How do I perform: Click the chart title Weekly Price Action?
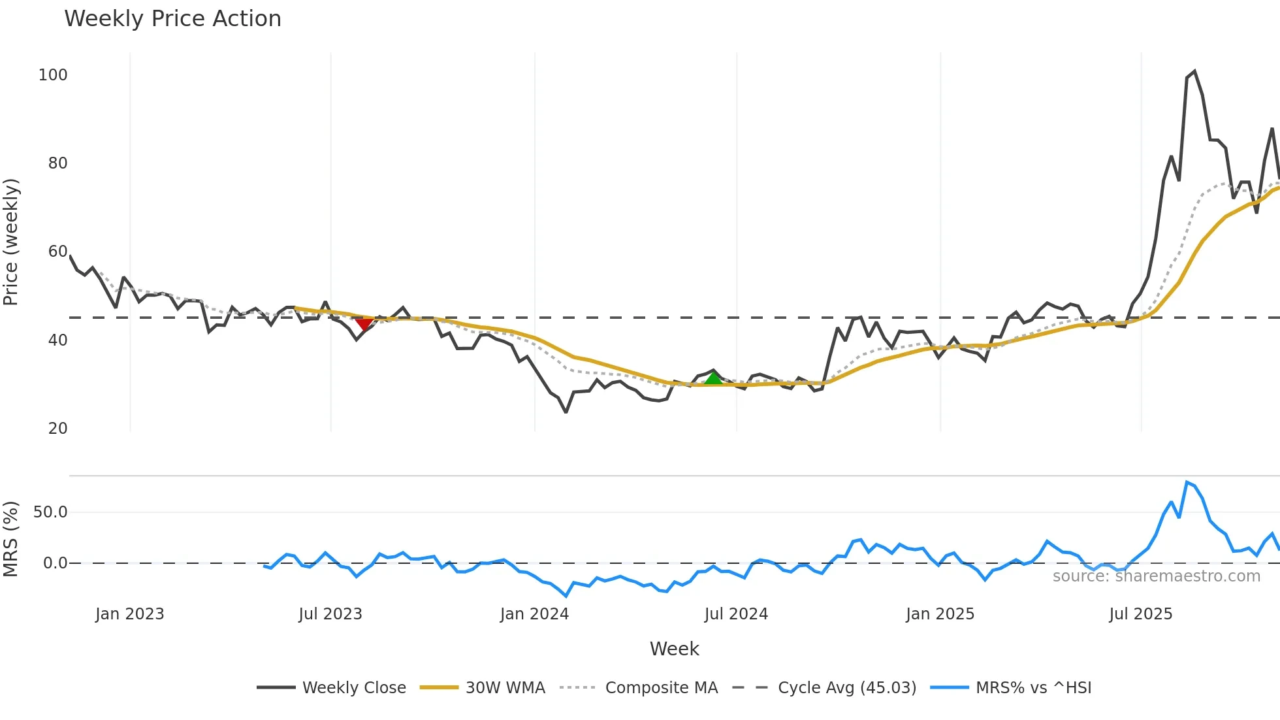172,19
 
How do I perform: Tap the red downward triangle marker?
364,324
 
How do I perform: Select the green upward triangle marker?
713,378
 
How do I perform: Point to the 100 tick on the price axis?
53,75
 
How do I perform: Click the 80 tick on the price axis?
57,163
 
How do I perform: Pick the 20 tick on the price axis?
57,429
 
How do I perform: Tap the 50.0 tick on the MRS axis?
50,512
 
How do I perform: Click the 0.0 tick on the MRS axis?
55,563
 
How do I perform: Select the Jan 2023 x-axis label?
129,614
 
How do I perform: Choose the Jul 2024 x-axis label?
736,614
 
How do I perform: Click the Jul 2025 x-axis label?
1141,614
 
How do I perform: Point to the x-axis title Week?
674,649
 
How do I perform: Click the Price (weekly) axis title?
11,242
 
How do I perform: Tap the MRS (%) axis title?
11,539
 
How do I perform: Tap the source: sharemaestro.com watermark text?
1156,576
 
